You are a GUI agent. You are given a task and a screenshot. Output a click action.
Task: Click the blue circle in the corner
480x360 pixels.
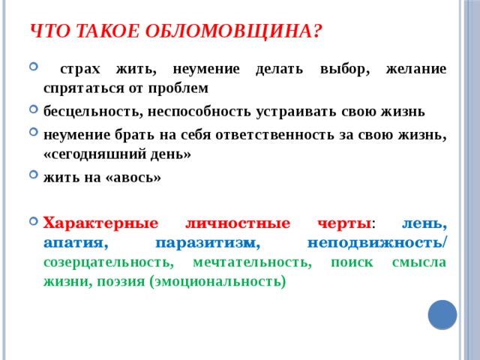pos(442,314)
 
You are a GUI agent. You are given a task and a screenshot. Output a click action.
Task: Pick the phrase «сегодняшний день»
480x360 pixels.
pos(118,154)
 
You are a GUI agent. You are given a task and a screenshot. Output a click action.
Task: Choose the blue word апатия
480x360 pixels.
pos(76,243)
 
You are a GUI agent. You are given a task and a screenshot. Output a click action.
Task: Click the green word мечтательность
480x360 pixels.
pos(251,262)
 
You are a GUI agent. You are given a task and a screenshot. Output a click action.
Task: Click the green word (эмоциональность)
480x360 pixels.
pos(217,282)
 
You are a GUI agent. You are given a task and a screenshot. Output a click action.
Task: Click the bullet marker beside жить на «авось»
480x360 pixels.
pos(34,178)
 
